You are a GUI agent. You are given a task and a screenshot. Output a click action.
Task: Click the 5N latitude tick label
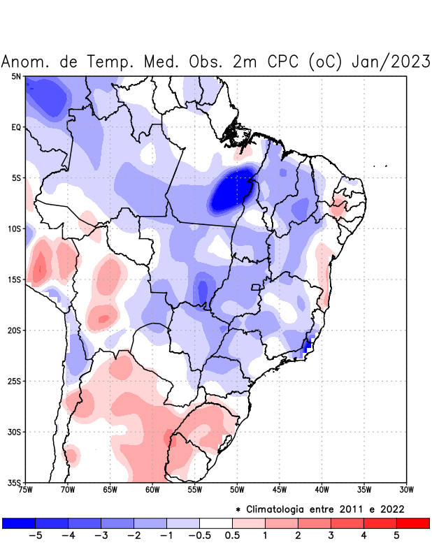click(15, 76)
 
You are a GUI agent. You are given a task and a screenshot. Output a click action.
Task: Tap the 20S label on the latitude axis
click(13, 330)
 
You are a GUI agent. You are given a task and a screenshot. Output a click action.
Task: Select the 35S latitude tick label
click(13, 482)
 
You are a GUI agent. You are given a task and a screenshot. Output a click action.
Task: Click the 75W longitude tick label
click(26, 490)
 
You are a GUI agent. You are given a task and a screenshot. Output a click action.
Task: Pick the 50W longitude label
click(237, 490)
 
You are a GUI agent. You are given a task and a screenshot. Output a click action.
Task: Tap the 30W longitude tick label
click(407, 490)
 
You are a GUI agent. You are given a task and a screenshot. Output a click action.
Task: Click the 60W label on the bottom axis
click(152, 490)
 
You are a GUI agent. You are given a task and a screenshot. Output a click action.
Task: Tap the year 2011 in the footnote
click(348, 509)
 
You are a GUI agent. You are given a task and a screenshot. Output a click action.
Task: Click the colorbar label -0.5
click(199, 536)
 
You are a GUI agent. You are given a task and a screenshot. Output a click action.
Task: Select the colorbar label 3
click(331, 536)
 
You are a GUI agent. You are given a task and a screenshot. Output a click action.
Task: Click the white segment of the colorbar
click(216, 523)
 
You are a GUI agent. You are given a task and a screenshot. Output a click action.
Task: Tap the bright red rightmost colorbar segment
click(412, 523)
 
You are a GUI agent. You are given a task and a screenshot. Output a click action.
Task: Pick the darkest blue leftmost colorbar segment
click(19, 523)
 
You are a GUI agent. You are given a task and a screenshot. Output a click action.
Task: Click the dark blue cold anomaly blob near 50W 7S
click(232, 191)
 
